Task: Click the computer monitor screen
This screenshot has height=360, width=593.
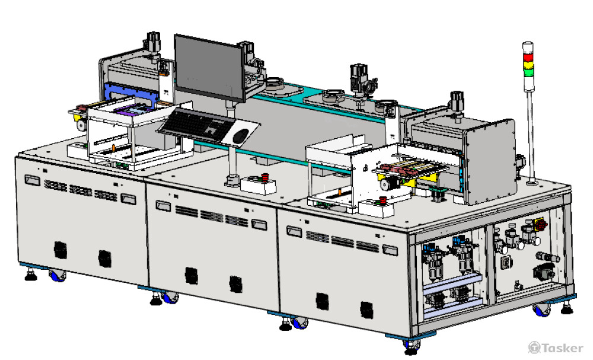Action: click(209, 68)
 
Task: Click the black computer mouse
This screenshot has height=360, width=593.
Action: click(241, 135)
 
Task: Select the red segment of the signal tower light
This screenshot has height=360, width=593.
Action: click(528, 57)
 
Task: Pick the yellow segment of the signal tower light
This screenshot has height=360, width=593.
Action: click(528, 64)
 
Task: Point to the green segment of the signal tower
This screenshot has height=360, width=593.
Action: click(528, 71)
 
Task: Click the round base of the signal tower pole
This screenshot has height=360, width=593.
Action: click(533, 183)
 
